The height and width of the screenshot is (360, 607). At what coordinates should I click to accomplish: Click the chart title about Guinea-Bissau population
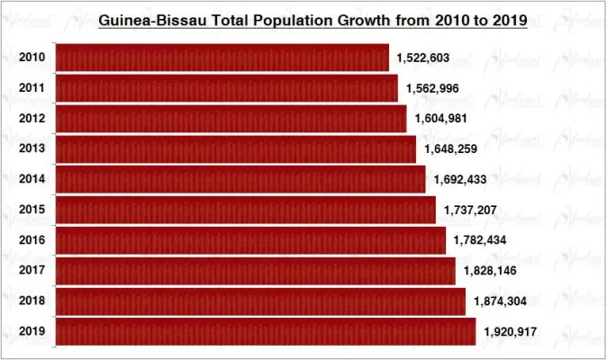click(312, 19)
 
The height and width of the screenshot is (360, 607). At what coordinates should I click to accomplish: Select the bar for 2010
click(222, 58)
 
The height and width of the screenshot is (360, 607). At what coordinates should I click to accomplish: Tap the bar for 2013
click(236, 149)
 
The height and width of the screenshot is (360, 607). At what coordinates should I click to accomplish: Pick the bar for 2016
click(250, 240)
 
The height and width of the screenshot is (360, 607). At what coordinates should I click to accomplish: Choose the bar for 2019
click(266, 332)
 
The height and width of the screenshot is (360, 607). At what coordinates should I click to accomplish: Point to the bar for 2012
click(231, 119)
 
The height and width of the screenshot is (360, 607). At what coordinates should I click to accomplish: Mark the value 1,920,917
click(510, 332)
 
